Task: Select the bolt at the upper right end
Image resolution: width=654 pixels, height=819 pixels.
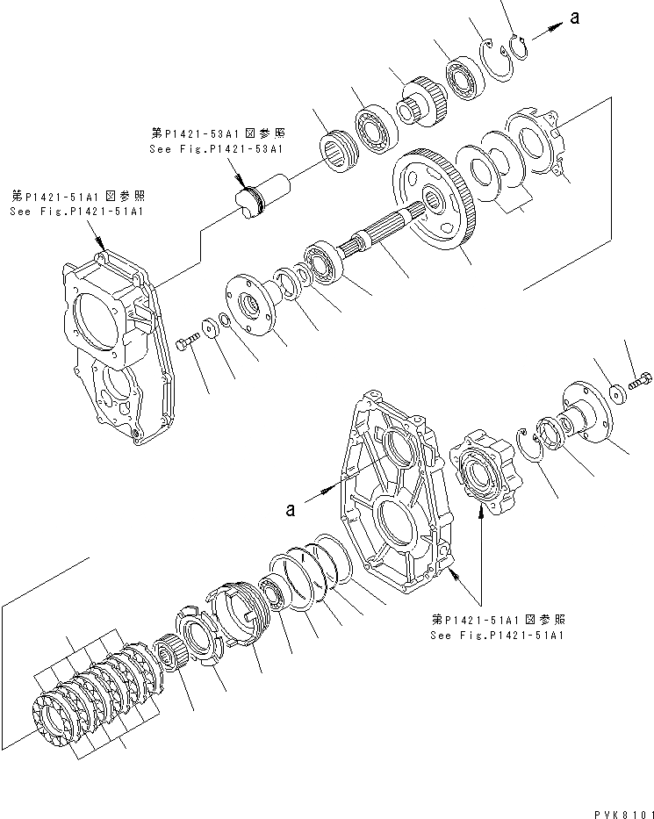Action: click(641, 383)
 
